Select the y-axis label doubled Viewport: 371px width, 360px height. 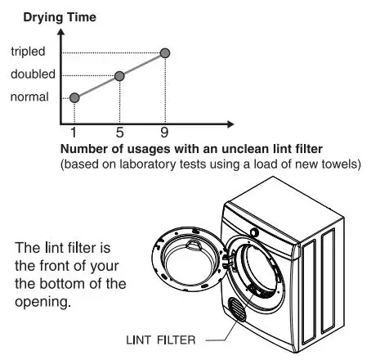click(33, 75)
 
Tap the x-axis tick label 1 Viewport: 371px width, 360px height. click(74, 131)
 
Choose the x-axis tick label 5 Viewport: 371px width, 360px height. click(120, 131)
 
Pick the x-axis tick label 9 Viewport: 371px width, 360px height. click(166, 131)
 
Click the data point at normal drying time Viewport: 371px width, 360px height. click(74, 97)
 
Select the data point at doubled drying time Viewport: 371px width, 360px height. click(120, 75)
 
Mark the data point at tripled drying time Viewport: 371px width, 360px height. click(166, 53)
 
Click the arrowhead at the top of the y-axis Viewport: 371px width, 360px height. click(61, 33)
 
